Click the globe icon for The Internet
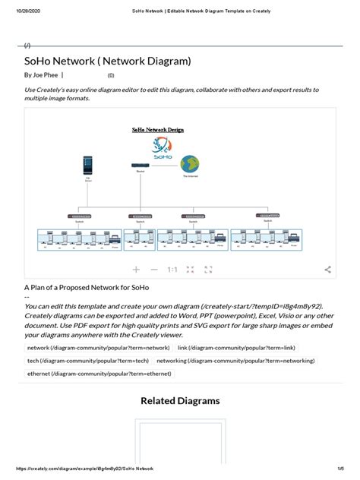(x=189, y=164)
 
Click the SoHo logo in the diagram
(x=160, y=147)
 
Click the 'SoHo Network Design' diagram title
(x=158, y=130)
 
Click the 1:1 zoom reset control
(x=172, y=270)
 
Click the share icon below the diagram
(x=327, y=270)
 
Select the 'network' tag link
(x=97, y=347)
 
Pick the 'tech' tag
(x=87, y=361)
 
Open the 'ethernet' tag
(x=99, y=374)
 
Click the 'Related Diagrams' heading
(x=180, y=401)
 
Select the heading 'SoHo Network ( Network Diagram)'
(x=107, y=61)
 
